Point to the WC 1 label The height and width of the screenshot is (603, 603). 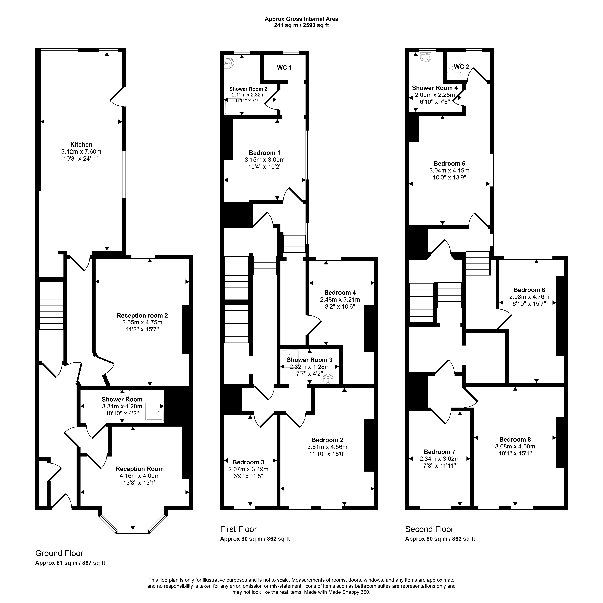[x=284, y=67]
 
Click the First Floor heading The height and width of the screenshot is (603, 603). [x=238, y=529]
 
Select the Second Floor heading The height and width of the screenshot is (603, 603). [x=429, y=529]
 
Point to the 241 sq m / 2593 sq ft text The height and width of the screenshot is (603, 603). [x=302, y=25]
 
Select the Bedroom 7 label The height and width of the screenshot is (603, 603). [x=439, y=452]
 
